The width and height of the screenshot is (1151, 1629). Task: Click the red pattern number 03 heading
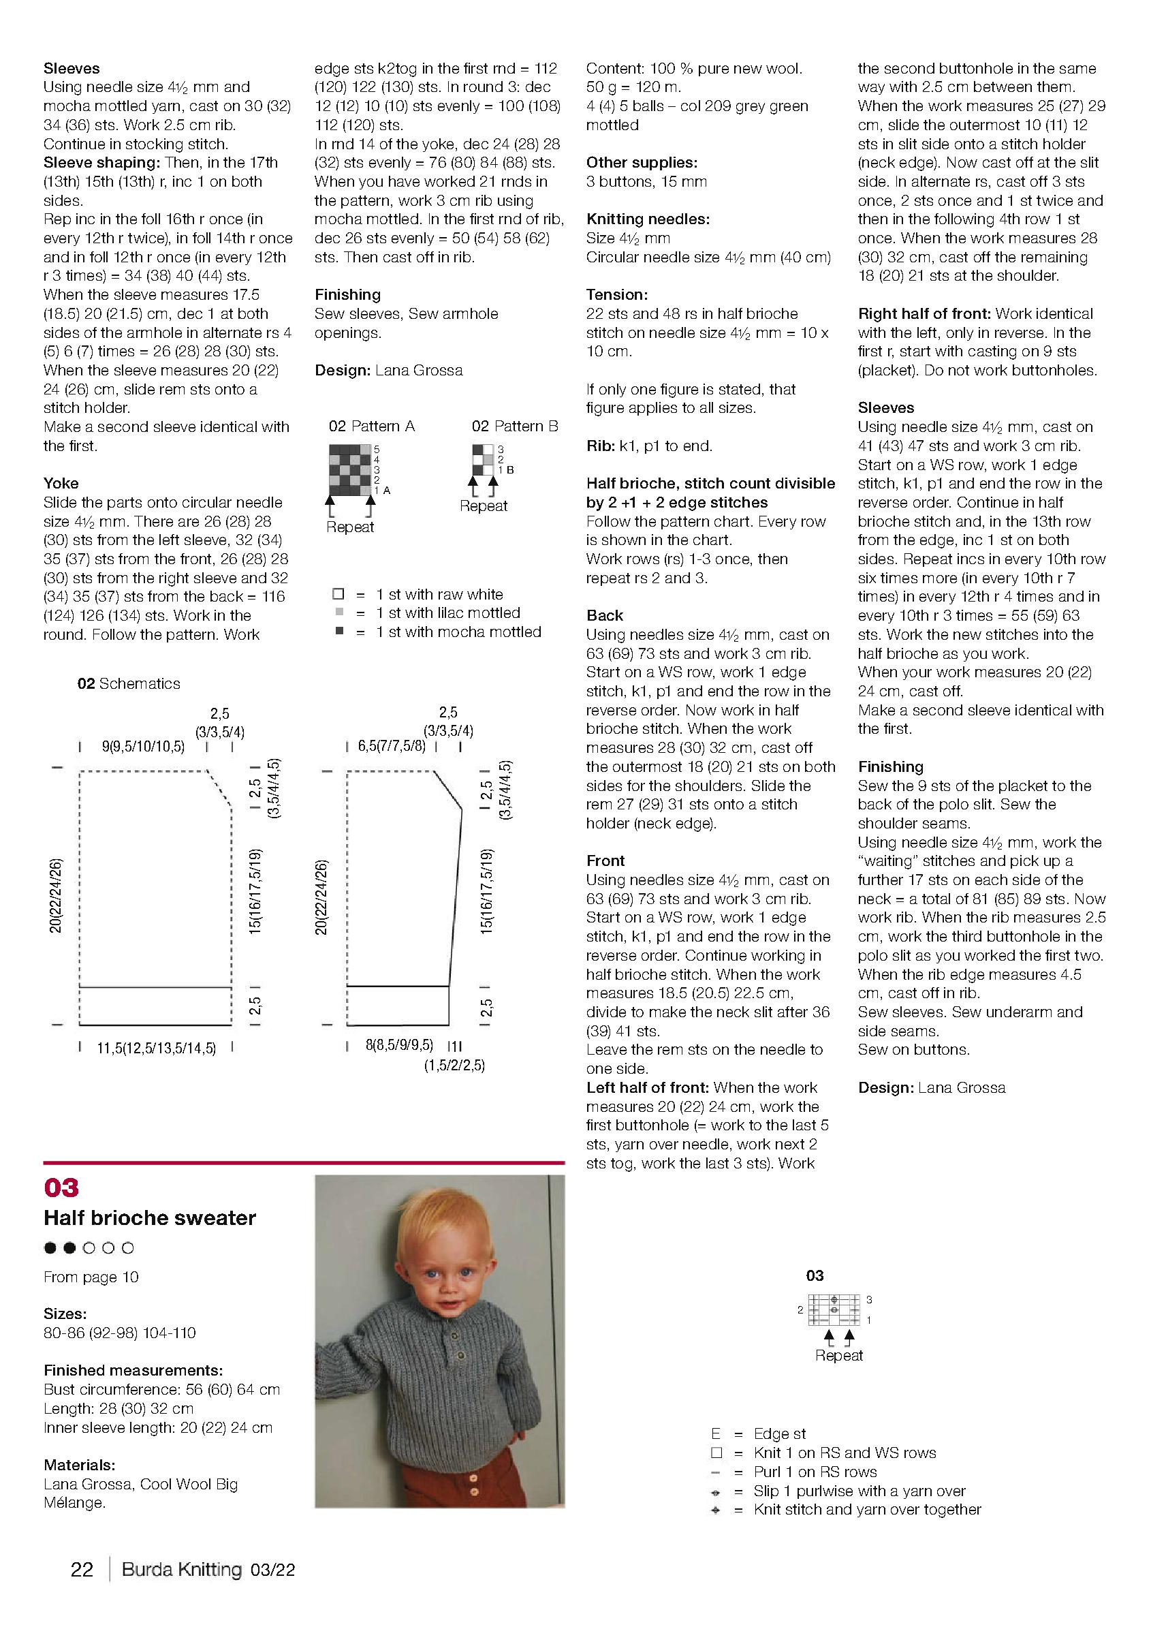[x=61, y=1188]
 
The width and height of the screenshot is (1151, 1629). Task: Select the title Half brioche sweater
[x=150, y=1218]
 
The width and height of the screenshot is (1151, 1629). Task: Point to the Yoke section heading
[x=61, y=483]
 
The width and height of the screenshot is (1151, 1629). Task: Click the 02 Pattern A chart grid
[x=349, y=469]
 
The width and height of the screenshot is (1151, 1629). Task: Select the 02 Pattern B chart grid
[x=483, y=460]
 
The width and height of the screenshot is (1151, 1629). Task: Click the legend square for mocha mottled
[x=340, y=631]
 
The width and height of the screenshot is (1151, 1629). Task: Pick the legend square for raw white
[x=339, y=594]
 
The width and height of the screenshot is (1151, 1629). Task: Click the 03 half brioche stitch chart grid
[x=835, y=1309]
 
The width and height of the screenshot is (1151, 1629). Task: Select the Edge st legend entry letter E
[x=716, y=1434]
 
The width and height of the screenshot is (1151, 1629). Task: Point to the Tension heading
[x=616, y=294]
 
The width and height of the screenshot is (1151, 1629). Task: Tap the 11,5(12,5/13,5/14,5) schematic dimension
[x=156, y=1048]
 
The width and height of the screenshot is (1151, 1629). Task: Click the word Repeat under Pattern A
[x=349, y=527]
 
